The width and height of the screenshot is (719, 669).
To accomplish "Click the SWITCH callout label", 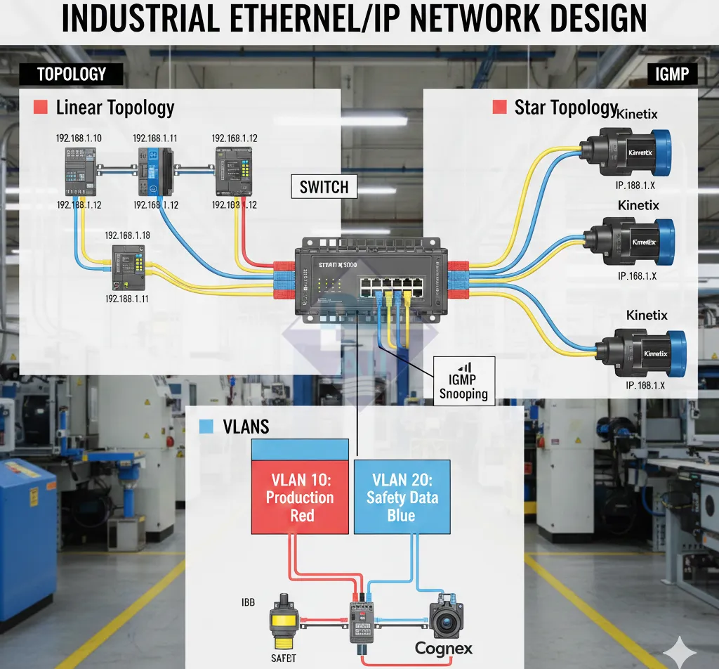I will (x=324, y=186).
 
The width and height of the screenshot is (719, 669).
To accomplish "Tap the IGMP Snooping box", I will (x=463, y=379).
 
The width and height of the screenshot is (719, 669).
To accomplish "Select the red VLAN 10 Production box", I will (x=301, y=497).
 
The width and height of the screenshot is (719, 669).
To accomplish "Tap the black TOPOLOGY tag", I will (x=71, y=74).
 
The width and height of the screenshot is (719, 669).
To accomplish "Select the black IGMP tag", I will (x=671, y=73).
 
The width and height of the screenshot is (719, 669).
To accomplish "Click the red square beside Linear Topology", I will (x=41, y=108).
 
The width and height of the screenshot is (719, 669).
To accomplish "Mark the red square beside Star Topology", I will (x=500, y=107).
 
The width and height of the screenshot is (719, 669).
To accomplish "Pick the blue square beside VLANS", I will (x=206, y=427).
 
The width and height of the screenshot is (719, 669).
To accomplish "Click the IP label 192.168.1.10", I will (x=79, y=138).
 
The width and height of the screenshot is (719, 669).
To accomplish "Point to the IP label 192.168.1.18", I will (x=128, y=235).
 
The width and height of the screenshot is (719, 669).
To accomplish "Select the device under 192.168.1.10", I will (x=78, y=171).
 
